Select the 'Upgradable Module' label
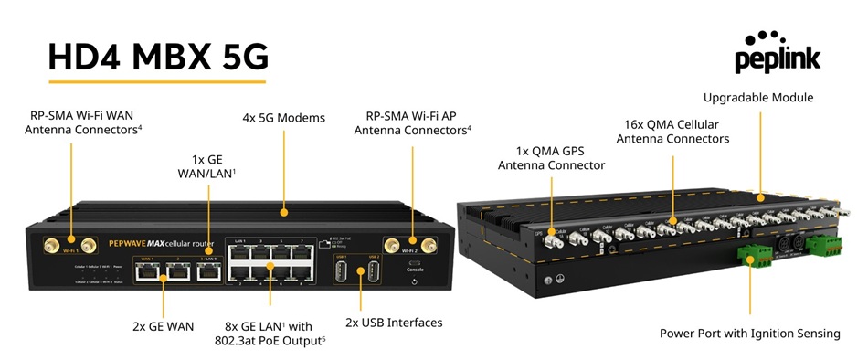(x=757, y=97)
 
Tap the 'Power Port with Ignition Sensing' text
(x=749, y=334)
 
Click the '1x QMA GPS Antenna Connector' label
(x=551, y=156)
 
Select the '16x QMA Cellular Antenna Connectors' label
(x=672, y=131)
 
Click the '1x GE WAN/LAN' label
(x=207, y=165)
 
